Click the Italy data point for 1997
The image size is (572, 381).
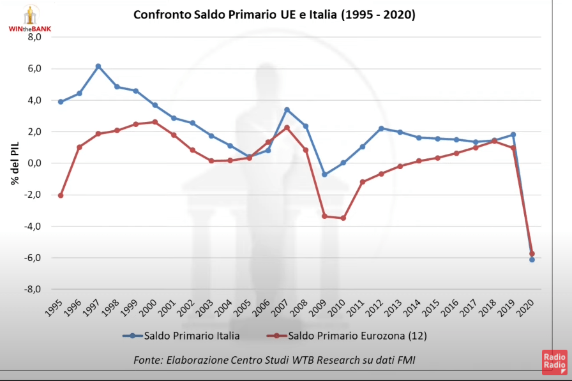click(98, 66)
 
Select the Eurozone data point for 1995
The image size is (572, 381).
click(61, 195)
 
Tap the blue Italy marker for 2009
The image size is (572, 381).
click(324, 174)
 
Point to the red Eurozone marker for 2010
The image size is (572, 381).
click(343, 218)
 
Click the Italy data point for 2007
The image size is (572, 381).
click(287, 110)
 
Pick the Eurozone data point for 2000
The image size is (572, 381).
click(154, 122)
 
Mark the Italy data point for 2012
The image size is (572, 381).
click(381, 128)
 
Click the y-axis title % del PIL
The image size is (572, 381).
click(14, 163)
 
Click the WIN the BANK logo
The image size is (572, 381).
click(29, 18)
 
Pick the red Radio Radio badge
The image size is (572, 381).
click(554, 364)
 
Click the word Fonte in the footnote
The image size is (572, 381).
click(147, 361)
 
